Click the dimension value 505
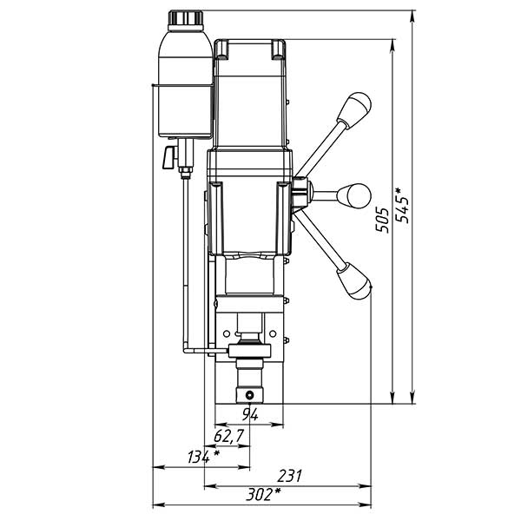click(x=382, y=221)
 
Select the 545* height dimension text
click(x=402, y=205)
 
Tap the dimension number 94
click(x=250, y=414)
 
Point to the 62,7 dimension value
click(x=229, y=436)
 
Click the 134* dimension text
click(x=203, y=457)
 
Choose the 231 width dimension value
click(x=289, y=476)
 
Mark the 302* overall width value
click(x=262, y=495)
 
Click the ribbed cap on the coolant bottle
click(x=186, y=17)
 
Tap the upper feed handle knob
click(x=355, y=109)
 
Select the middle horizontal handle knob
click(x=354, y=195)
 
